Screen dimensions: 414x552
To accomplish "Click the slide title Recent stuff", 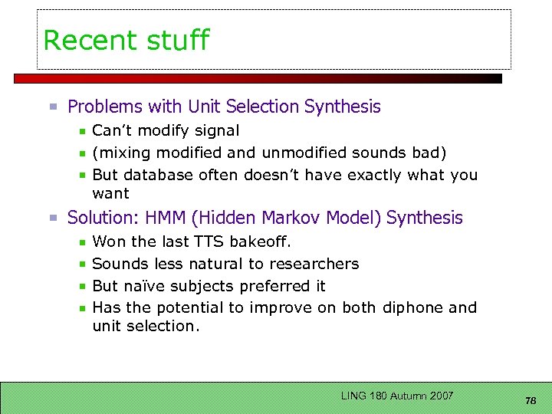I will [126, 40].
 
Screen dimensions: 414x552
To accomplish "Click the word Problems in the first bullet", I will [103, 107].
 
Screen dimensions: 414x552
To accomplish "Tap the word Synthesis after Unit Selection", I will [342, 107].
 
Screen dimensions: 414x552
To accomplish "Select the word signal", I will [217, 131].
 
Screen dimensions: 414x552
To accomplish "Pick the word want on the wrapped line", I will [110, 193].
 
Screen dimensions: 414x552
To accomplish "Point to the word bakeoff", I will [258, 242].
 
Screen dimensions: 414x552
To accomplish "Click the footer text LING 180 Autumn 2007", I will [397, 396].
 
